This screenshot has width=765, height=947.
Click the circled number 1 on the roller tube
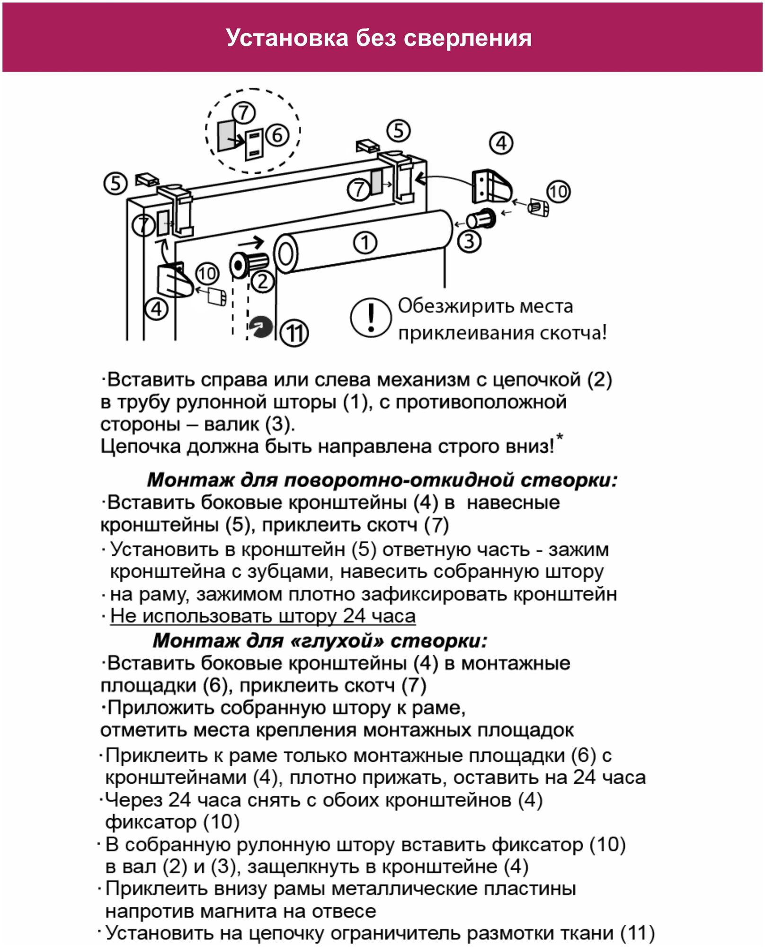(x=365, y=243)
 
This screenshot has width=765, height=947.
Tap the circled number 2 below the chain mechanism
(x=263, y=282)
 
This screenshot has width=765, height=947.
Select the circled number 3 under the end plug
(x=469, y=241)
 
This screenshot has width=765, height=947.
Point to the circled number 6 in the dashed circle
(x=277, y=135)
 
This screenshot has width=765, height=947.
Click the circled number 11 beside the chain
(x=294, y=333)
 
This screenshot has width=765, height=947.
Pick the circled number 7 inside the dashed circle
(x=244, y=113)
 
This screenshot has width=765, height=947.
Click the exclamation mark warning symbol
(x=371, y=318)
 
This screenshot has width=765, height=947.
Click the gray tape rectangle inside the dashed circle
(x=226, y=134)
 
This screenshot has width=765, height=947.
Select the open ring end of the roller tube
(x=285, y=254)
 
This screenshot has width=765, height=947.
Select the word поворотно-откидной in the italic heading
(x=399, y=480)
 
